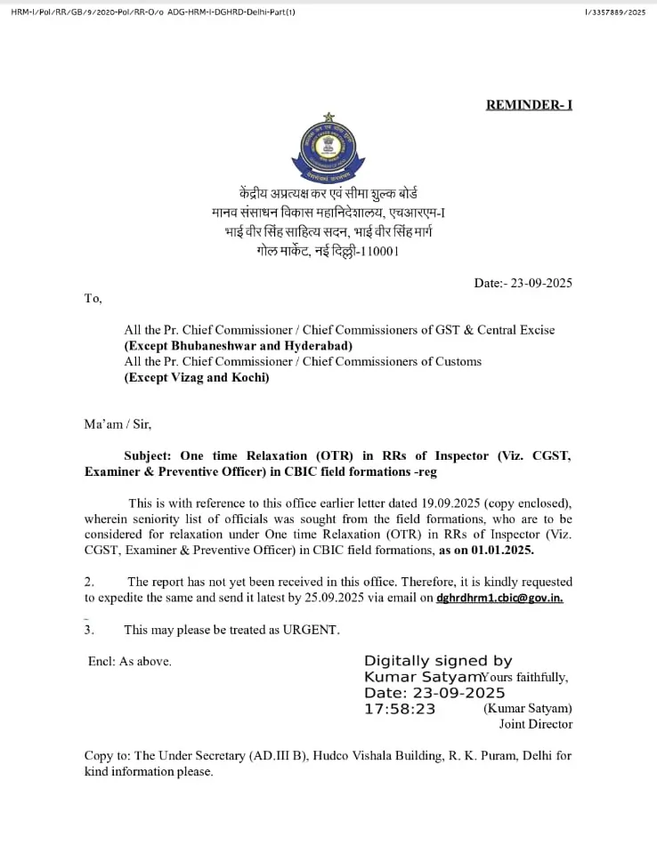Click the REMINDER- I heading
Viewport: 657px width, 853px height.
(529, 105)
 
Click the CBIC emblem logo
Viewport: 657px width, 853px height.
(328, 148)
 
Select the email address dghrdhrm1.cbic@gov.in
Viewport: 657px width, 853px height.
(499, 598)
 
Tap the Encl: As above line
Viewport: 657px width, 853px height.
(130, 661)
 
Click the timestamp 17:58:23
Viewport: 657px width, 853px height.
(400, 709)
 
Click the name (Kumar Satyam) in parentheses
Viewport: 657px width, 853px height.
(528, 709)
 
